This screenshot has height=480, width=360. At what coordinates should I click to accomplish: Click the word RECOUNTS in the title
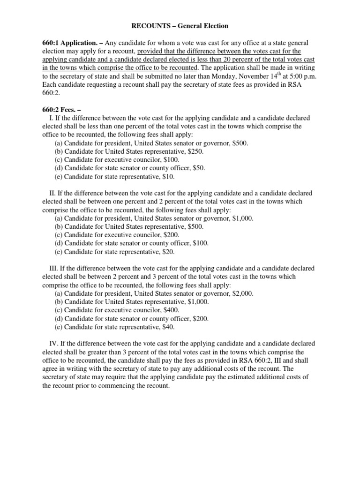tap(144, 25)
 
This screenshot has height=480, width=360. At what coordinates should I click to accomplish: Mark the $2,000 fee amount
tap(243, 293)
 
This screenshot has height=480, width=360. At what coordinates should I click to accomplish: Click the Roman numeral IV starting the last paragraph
tap(53, 344)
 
